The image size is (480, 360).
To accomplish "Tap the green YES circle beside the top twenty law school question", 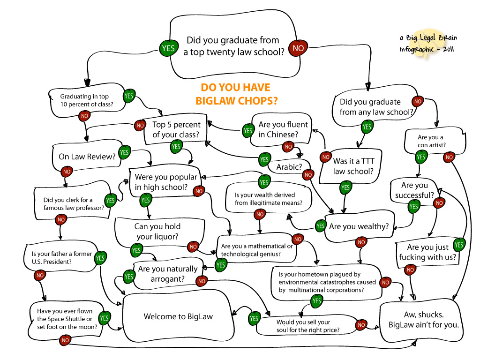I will click(x=167, y=47).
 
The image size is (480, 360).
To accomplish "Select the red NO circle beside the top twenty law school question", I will click(x=298, y=47).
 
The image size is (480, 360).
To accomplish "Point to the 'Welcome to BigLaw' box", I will click(x=178, y=316).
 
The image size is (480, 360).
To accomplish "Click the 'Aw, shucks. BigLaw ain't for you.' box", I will click(x=423, y=320).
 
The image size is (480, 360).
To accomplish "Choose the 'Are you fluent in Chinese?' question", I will click(x=283, y=129).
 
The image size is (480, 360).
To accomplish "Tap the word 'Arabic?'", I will click(x=289, y=167).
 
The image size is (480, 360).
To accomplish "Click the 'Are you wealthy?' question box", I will click(x=359, y=226).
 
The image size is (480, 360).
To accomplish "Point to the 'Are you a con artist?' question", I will click(x=430, y=141).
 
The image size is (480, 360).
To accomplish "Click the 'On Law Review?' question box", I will click(x=87, y=157).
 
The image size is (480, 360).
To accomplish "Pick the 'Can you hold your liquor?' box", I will click(x=160, y=232).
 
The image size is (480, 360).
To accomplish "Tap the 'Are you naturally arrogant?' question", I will click(x=167, y=274).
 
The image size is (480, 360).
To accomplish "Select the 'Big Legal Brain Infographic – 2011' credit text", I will click(x=427, y=43).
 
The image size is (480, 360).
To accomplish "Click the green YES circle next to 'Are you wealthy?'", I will click(x=320, y=226).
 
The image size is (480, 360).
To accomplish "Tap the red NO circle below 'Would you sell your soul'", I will click(x=361, y=325).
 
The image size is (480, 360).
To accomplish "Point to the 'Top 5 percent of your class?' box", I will click(x=176, y=130).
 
